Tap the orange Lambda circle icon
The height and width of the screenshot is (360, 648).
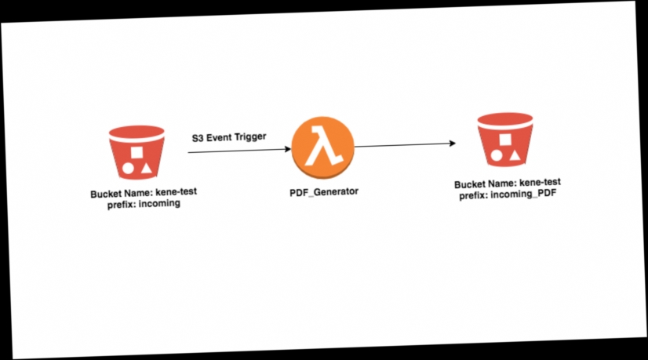click(322, 147)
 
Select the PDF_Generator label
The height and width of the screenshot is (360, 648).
click(324, 191)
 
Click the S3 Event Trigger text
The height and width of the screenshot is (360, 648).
click(229, 136)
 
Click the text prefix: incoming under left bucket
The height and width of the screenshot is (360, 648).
click(144, 204)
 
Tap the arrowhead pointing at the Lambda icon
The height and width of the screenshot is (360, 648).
click(286, 149)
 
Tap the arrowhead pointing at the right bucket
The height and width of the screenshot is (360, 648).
click(451, 144)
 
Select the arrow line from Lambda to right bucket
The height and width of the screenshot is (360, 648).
click(402, 145)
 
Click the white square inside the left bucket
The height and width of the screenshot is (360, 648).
click(137, 152)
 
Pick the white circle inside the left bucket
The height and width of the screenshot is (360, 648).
click(128, 168)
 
